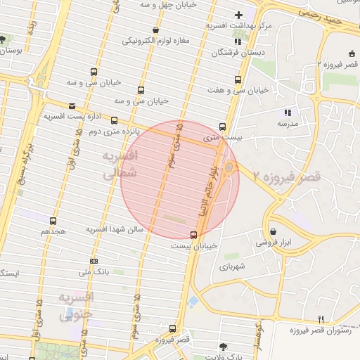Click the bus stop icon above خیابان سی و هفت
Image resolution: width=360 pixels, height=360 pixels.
coord(237,79)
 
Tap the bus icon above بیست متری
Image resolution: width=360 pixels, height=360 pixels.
coord(222,127)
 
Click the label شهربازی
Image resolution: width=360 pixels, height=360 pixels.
coord(231,266)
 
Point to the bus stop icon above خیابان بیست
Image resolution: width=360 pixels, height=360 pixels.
coord(193,235)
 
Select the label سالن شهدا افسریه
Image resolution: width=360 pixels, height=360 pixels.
coord(115,229)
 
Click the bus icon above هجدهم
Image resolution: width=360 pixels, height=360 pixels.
coord(53,221)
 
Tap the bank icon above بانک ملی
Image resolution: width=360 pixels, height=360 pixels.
coord(94,261)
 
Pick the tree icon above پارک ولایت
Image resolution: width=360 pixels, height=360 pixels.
coord(224,347)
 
